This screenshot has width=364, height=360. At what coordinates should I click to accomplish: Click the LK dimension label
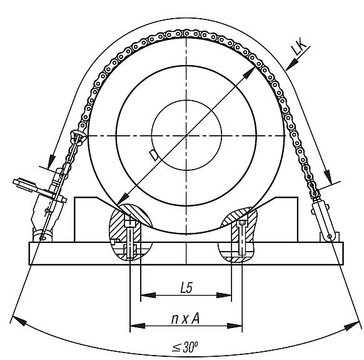point(301,47)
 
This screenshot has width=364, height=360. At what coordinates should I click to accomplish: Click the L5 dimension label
point(186,288)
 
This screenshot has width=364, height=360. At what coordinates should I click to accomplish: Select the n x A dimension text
point(185,319)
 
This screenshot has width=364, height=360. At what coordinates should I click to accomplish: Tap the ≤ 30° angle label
point(185,347)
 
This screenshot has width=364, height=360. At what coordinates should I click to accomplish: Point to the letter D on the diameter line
point(154,155)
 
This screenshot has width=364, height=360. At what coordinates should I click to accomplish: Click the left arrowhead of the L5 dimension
point(148,295)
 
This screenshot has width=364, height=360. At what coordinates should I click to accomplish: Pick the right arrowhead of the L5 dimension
point(224,295)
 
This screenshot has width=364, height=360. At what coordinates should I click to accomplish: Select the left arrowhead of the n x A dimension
point(138,326)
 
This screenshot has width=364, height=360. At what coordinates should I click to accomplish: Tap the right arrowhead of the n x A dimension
point(235,326)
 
